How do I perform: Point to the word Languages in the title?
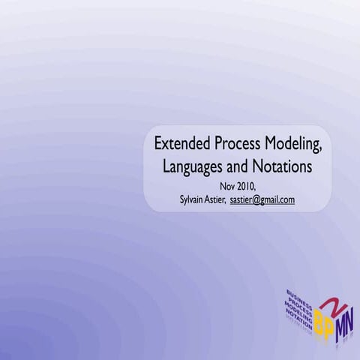coord(193,166)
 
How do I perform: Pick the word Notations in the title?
coord(283,166)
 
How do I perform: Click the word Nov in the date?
coord(227,186)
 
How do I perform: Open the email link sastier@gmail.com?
coord(262,199)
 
